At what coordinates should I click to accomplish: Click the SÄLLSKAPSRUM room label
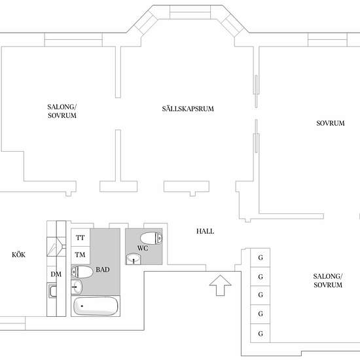[188, 109]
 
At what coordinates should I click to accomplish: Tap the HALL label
[205, 231]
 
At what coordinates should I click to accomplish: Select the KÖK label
[18, 255]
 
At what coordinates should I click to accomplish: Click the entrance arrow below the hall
[220, 285]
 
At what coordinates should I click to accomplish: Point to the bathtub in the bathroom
[96, 306]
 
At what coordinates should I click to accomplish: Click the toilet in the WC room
[151, 238]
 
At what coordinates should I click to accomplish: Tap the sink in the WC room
[134, 259]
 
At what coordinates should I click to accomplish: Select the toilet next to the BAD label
[82, 272]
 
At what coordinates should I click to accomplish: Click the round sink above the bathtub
[77, 287]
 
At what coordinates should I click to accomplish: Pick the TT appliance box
[81, 238]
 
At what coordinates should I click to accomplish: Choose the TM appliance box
[81, 255]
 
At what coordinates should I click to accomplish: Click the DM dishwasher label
[56, 274]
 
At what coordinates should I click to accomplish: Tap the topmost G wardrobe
[260, 258]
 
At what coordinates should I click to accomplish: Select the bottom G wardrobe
[260, 333]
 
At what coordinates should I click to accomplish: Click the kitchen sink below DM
[52, 291]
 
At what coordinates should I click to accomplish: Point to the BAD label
[103, 270]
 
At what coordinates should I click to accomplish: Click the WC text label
[143, 248]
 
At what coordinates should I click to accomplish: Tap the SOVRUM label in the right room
[331, 123]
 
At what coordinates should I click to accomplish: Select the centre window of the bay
[190, 12]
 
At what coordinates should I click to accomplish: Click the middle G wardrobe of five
[260, 295]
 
